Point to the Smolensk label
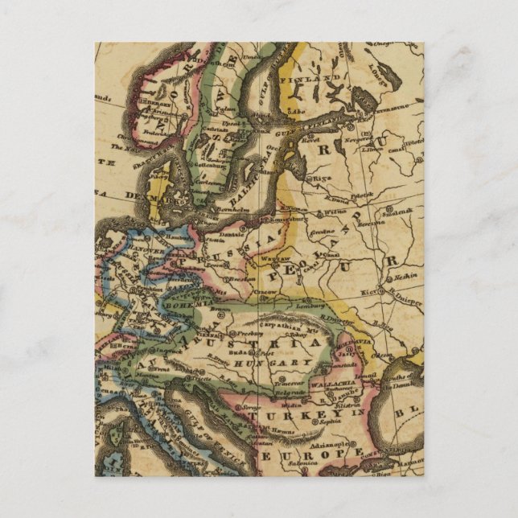point(399,212)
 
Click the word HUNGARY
point(284,364)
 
